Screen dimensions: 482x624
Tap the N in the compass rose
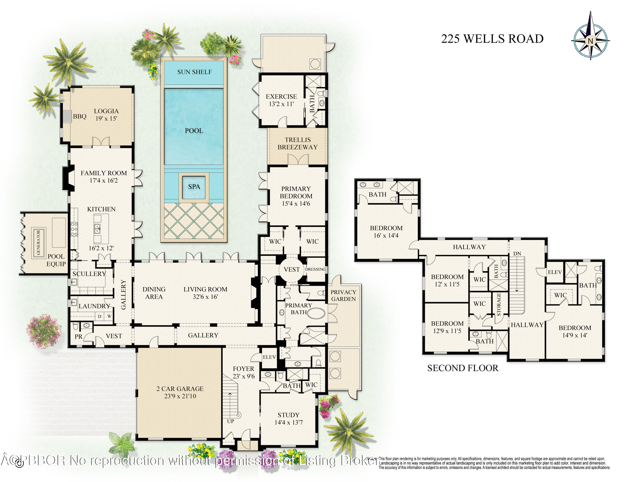coord(590,41)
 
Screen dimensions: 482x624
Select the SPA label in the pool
coord(194,187)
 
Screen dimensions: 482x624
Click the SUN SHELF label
coord(194,72)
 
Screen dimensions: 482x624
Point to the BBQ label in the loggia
coord(79,116)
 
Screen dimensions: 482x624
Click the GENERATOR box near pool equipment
coord(38,242)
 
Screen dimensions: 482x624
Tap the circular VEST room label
coord(291,269)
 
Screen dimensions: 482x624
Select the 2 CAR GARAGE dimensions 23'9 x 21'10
coord(180,396)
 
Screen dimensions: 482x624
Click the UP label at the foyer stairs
coord(230,421)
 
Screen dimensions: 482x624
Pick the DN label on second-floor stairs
coord(517,253)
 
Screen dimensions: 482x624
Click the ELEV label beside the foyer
coord(269,357)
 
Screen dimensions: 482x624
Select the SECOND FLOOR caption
coord(463,368)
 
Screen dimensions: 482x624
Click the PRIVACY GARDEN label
coord(343,295)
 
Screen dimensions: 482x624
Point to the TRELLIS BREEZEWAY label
coord(297,143)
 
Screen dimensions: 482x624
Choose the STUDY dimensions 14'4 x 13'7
coord(288,422)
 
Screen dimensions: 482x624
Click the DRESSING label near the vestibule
coord(315,269)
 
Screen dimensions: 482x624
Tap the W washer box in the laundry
coord(109,316)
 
